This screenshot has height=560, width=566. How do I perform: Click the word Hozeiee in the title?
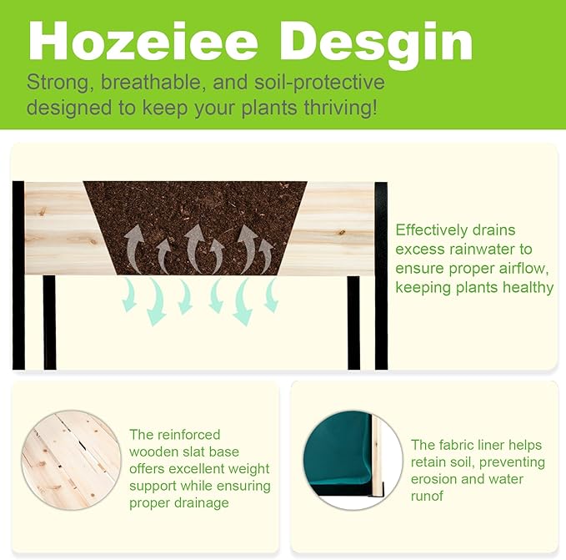[143, 40]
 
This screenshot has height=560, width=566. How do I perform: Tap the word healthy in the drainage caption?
[528, 288]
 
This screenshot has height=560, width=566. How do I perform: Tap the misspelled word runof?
[427, 496]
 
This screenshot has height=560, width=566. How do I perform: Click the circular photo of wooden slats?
[72, 460]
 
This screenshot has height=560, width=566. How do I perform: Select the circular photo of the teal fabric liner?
[353, 460]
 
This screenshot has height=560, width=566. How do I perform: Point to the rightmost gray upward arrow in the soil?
[265, 255]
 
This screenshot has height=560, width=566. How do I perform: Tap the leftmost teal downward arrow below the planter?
[129, 295]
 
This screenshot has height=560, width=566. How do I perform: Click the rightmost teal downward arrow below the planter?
[272, 295]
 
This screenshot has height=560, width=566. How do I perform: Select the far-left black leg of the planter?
[18, 275]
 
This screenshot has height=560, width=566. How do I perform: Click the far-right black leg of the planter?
[381, 275]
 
